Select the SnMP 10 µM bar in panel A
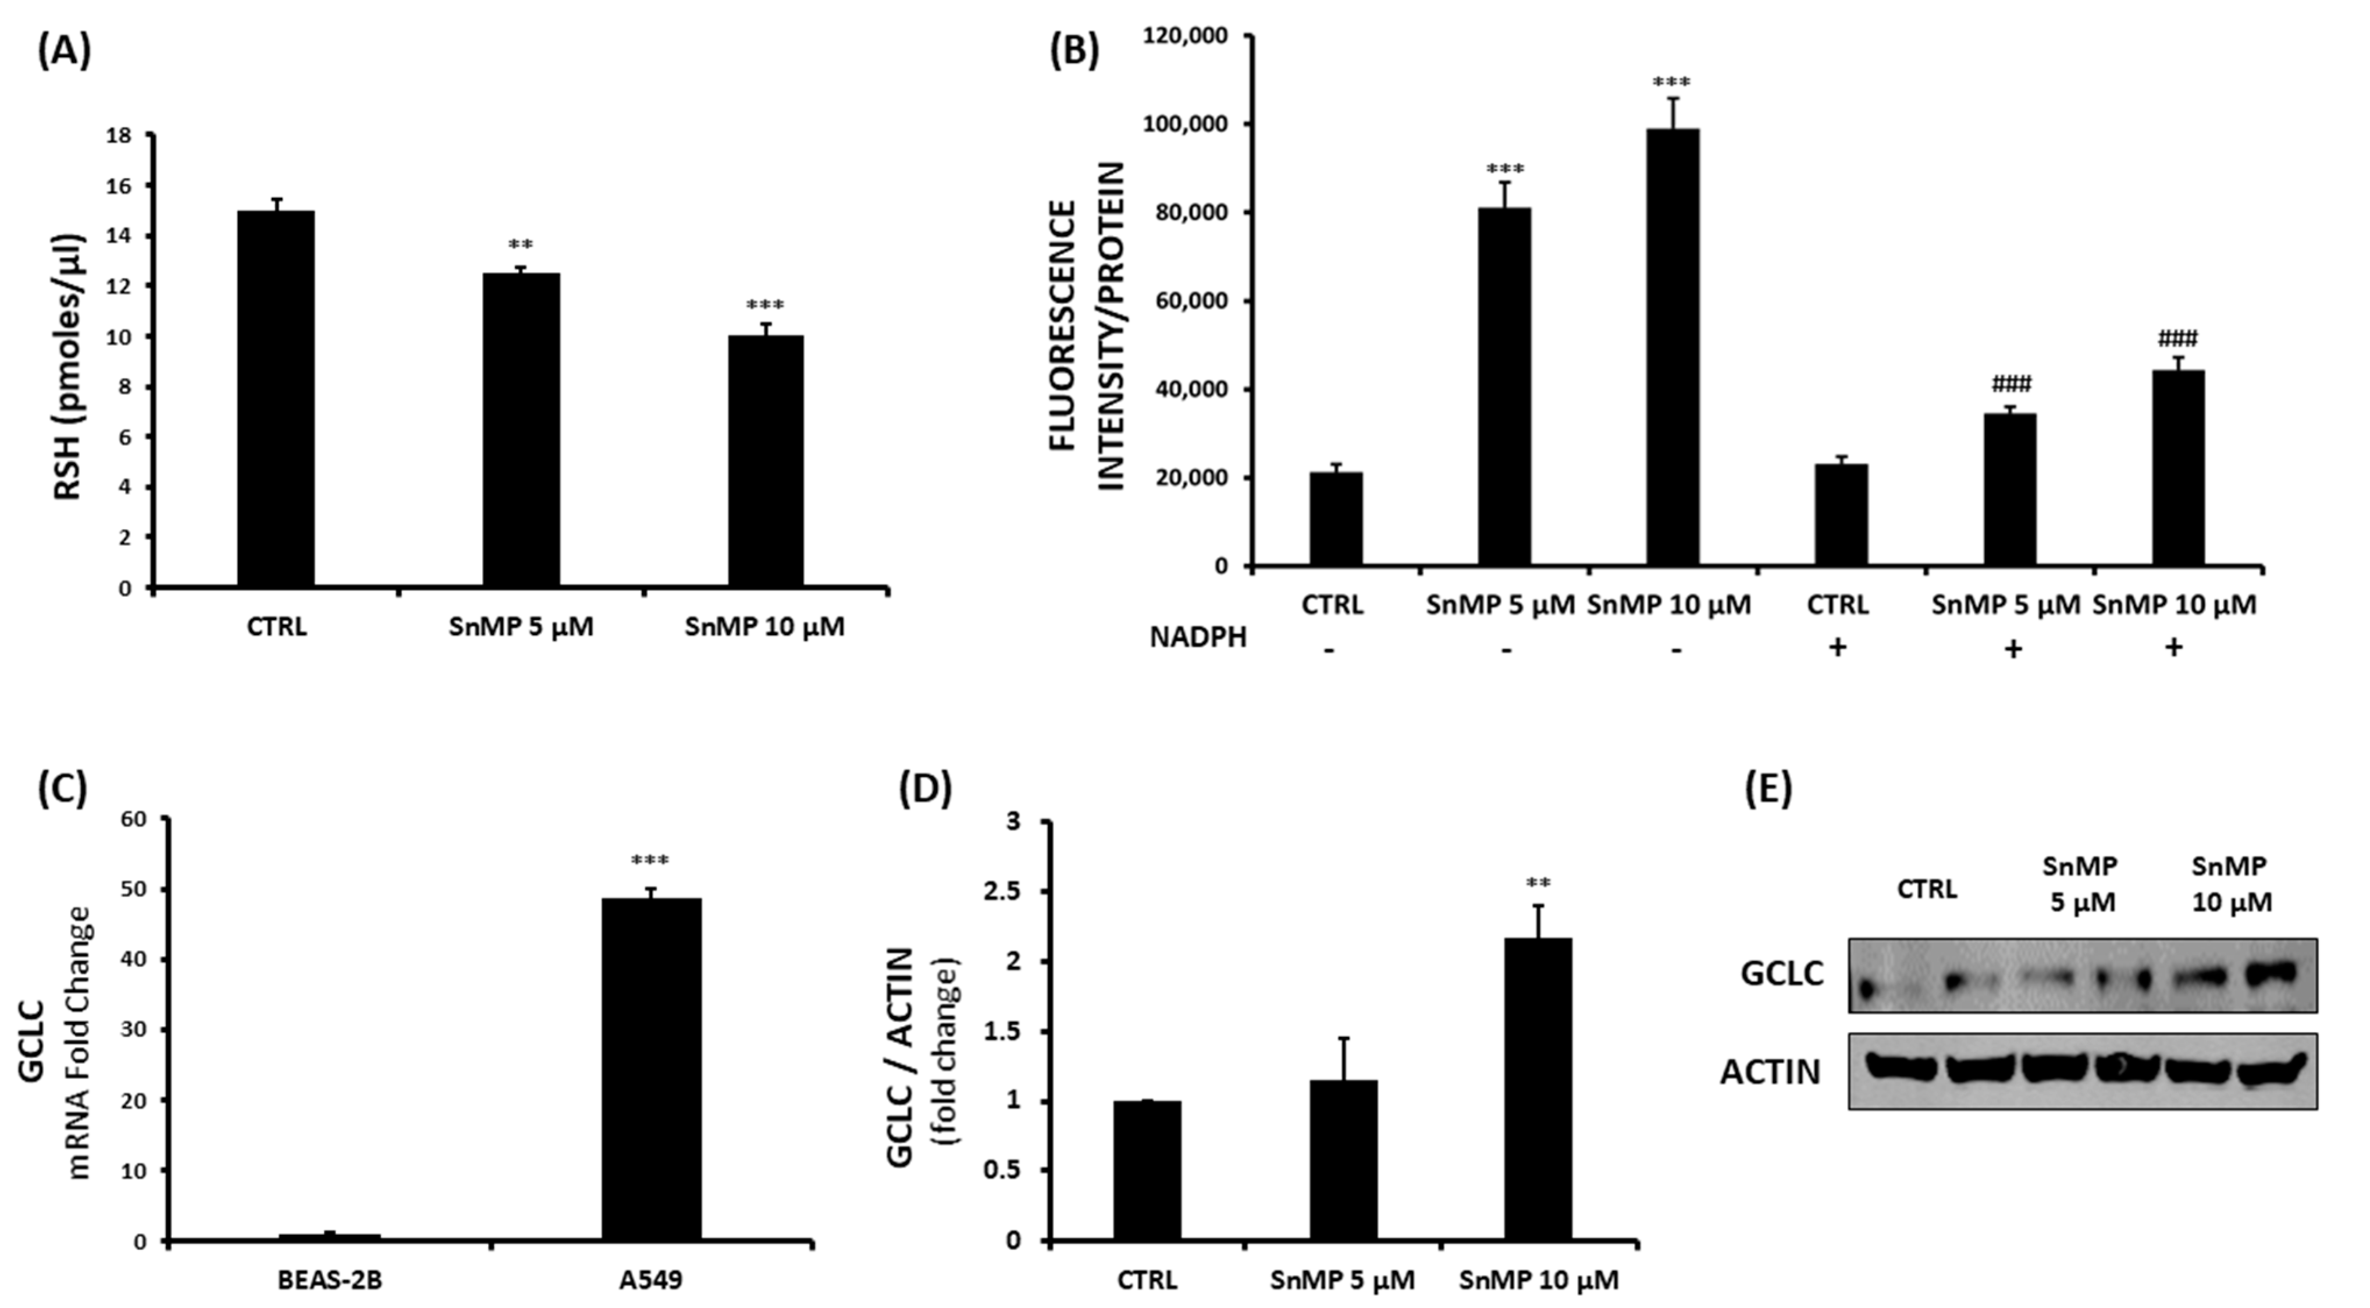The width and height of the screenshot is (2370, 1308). click(766, 460)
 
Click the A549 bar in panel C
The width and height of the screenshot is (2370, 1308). click(652, 1068)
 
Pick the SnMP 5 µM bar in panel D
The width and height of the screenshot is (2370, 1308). click(1343, 1160)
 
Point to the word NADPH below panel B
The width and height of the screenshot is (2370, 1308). click(1198, 636)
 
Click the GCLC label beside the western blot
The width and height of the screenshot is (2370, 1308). click(1781, 973)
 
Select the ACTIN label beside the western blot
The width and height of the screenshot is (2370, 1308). click(1770, 1072)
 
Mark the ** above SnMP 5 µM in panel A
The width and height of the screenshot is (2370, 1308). click(521, 246)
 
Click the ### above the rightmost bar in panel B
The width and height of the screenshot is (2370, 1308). click(2177, 339)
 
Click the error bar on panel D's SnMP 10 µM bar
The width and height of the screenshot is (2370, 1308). click(1538, 920)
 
